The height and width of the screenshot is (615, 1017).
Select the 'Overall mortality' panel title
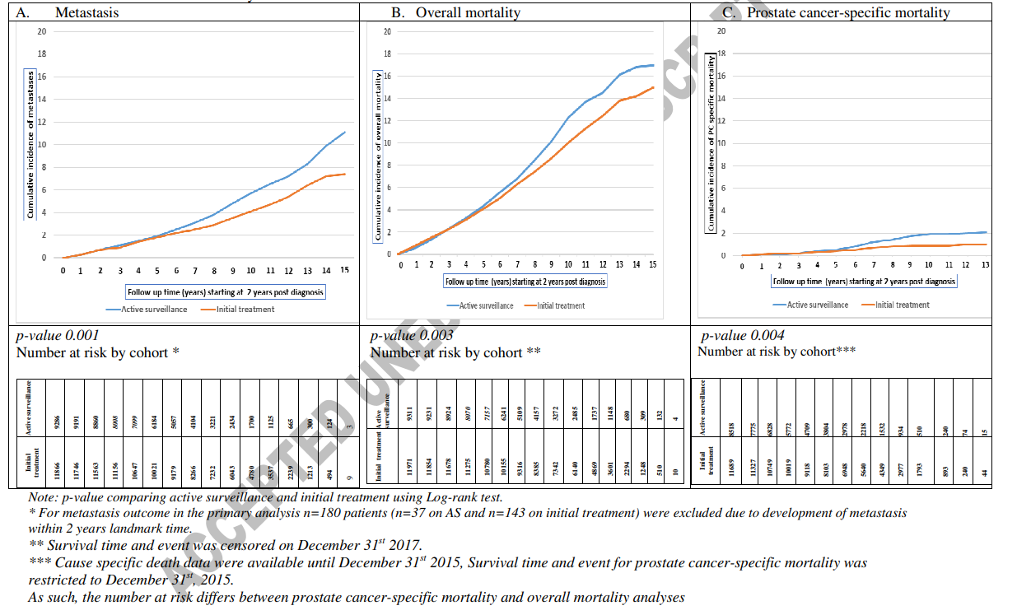[x=455, y=12]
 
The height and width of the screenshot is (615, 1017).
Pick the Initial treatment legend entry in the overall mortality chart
[x=560, y=305]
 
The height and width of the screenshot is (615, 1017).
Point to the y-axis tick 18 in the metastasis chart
[x=41, y=54]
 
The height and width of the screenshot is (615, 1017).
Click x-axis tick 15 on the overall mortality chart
[x=651, y=264]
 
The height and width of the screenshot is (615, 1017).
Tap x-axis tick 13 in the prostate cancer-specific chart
[x=985, y=264]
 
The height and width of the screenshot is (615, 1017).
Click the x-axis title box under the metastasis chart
[x=226, y=291]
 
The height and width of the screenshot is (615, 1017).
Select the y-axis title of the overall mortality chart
[x=380, y=156]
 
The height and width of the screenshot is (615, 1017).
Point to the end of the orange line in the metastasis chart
[x=344, y=174]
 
